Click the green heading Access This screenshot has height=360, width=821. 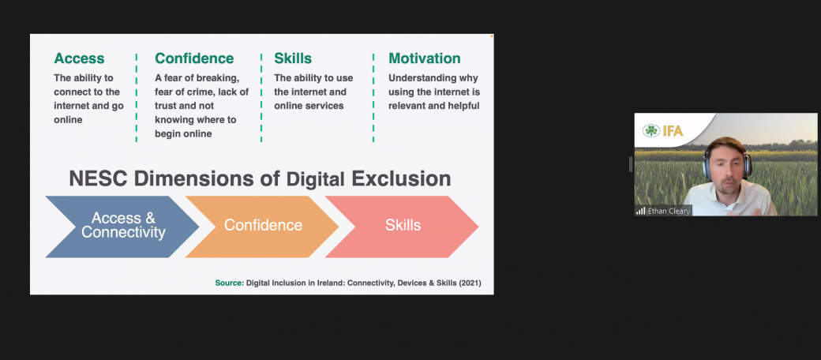click(x=79, y=58)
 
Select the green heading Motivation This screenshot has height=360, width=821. click(x=425, y=58)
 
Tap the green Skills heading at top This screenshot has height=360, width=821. click(x=293, y=58)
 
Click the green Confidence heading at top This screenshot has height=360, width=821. click(x=194, y=58)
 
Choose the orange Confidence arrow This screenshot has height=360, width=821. click(x=263, y=227)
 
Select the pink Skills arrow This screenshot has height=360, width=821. click(x=402, y=227)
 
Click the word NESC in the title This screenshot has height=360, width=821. click(x=99, y=178)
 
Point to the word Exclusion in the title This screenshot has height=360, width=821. click(x=401, y=178)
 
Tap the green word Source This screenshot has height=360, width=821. click(x=230, y=283)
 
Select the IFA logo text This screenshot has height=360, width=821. click(x=673, y=131)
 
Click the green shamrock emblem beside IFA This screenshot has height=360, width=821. click(x=651, y=131)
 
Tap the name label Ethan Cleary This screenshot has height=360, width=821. click(x=669, y=212)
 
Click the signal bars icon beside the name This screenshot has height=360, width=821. click(x=641, y=211)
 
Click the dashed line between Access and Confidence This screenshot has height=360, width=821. click(x=136, y=97)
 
